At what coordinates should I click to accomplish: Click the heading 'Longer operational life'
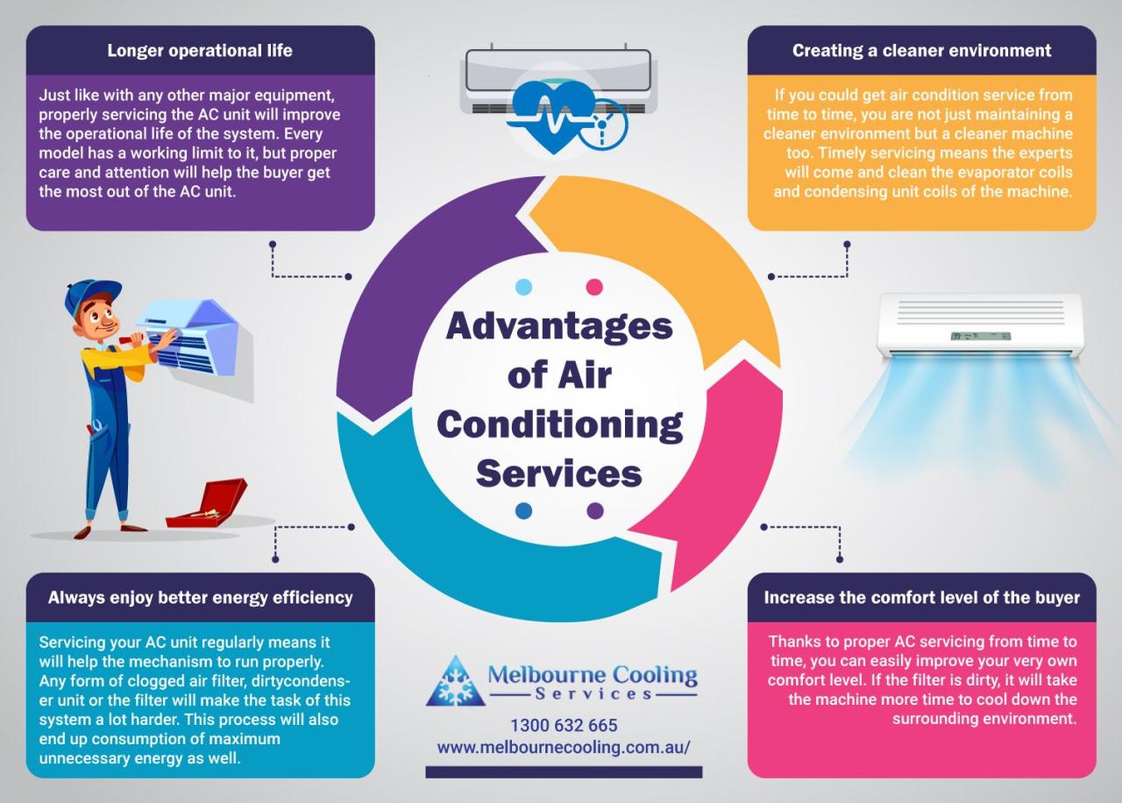pos(200,50)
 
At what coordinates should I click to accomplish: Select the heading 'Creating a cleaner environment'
pos(921,50)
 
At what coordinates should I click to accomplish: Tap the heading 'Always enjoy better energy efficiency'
pos(200,598)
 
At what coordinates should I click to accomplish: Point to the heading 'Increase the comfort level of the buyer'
pos(921,598)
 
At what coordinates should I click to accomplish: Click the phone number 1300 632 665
pos(564,726)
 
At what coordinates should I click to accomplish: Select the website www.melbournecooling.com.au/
pos(564,747)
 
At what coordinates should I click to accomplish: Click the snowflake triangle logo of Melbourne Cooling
pos(455,682)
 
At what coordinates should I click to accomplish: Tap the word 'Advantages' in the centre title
pos(559,326)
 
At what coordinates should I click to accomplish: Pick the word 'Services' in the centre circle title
pos(559,473)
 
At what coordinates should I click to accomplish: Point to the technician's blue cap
pos(91,293)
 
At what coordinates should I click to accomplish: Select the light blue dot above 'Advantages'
pos(524,287)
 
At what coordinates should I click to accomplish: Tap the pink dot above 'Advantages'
pos(594,287)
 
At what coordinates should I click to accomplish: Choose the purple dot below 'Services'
pos(594,511)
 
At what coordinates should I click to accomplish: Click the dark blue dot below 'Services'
pos(524,511)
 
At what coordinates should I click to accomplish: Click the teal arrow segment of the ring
pos(456,544)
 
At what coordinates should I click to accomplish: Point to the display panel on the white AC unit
pos(980,336)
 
